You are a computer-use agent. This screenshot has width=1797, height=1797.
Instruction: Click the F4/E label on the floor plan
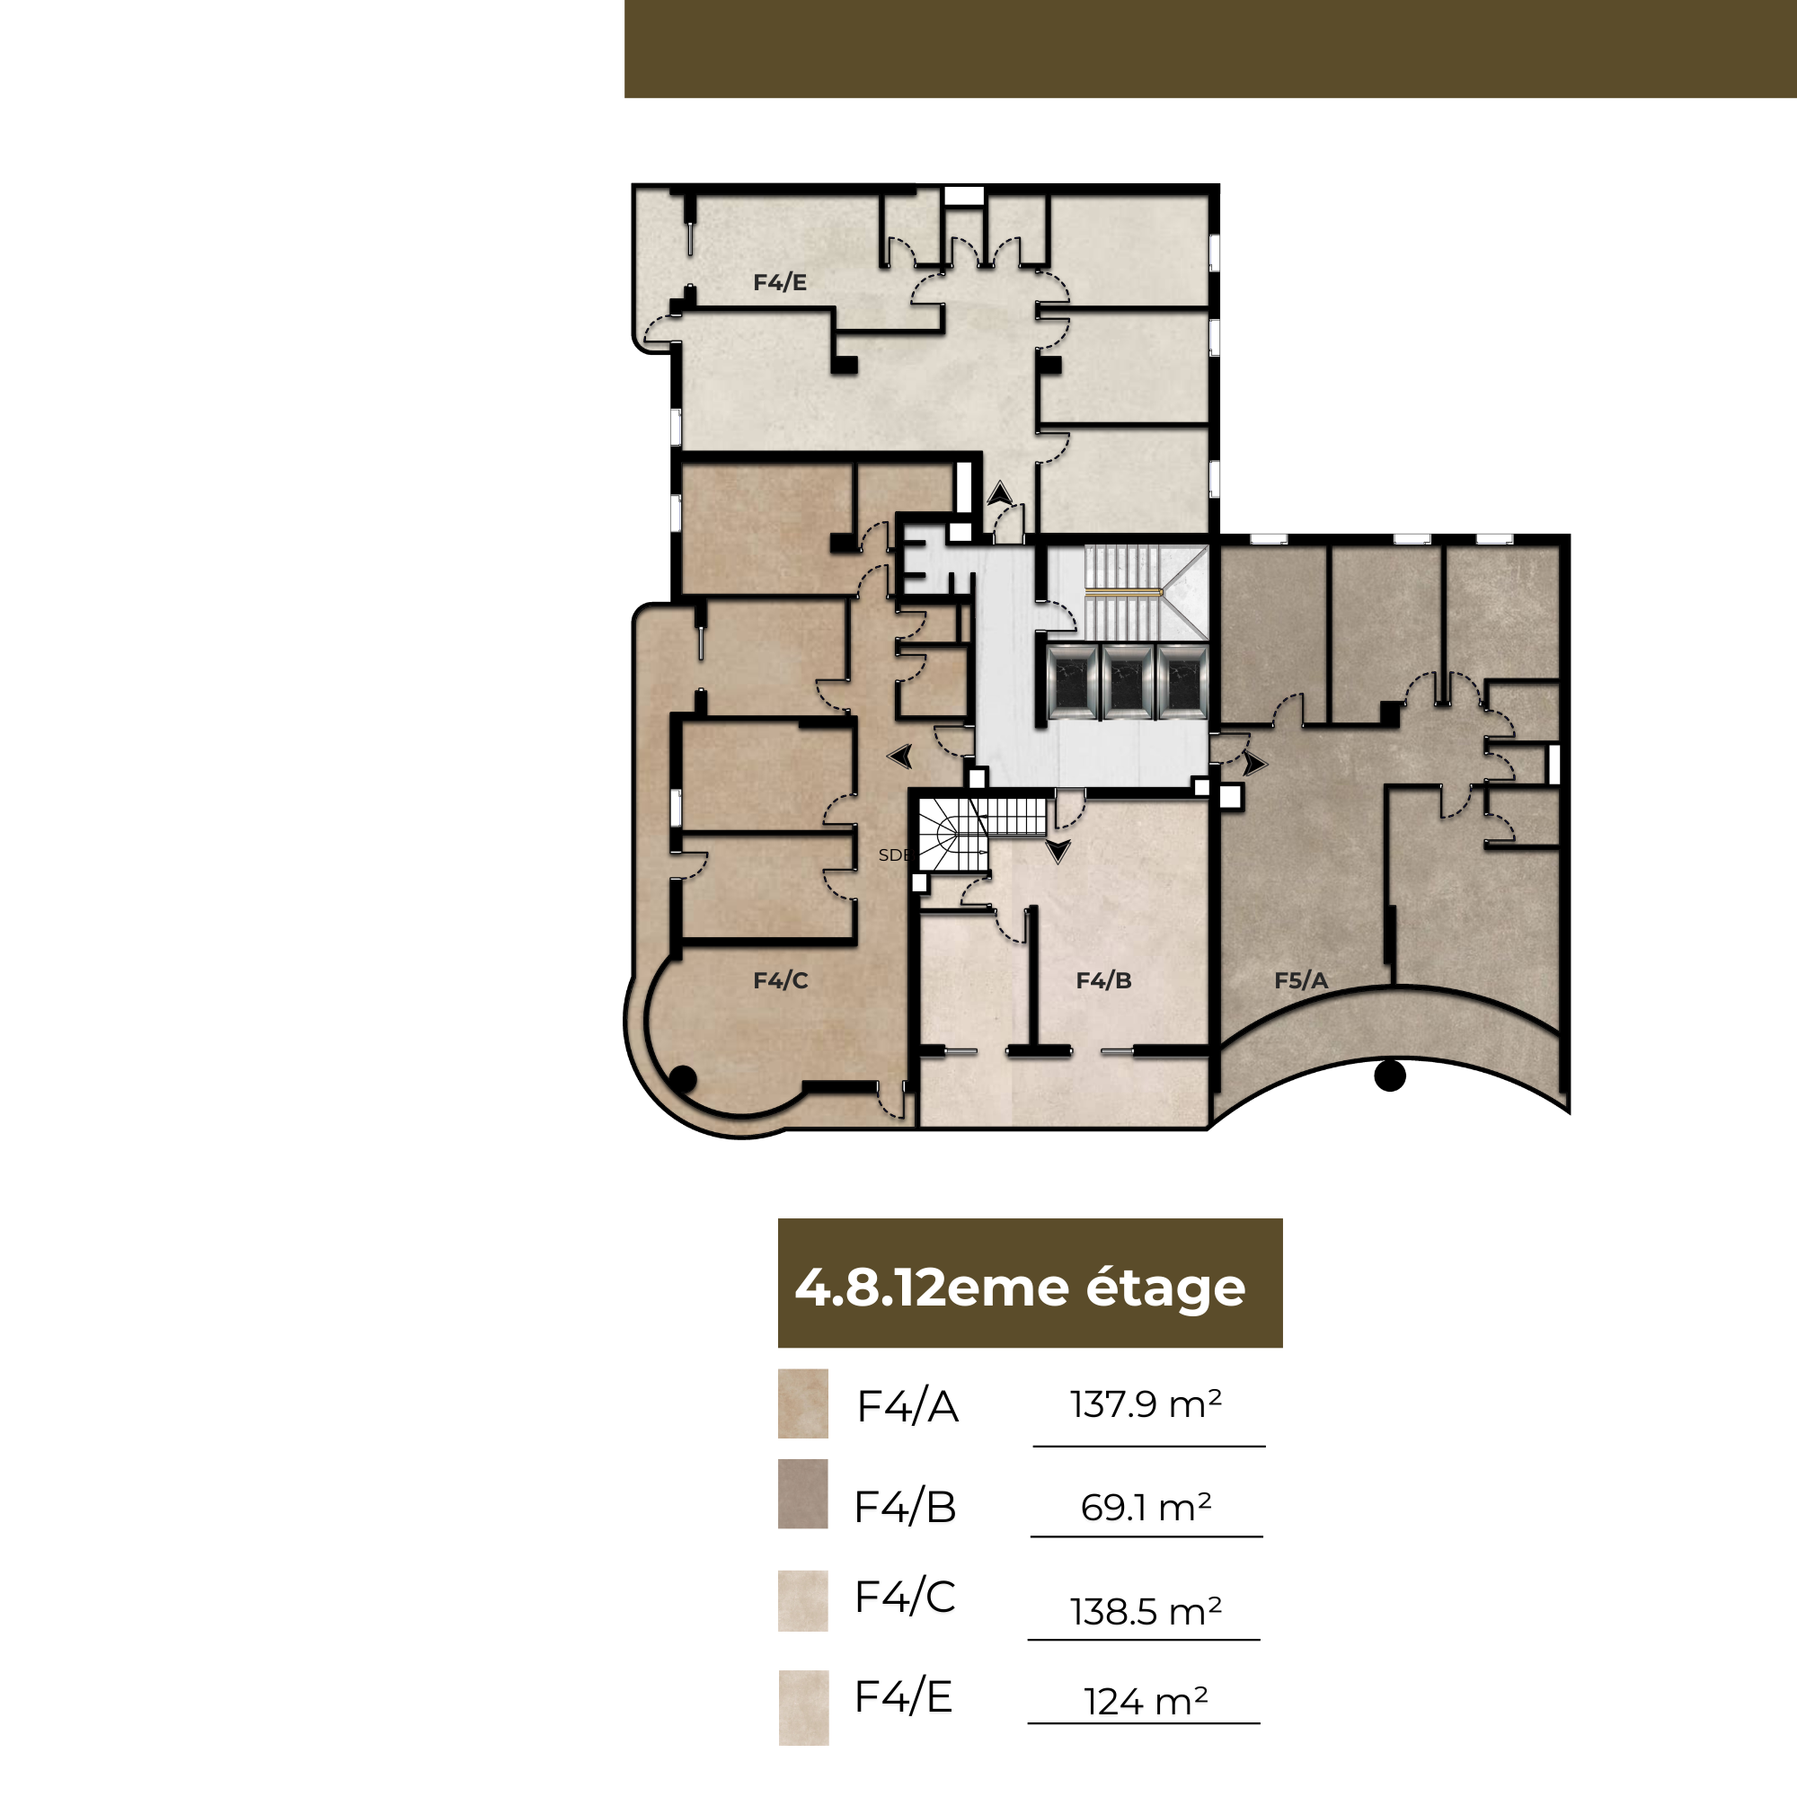[779, 282]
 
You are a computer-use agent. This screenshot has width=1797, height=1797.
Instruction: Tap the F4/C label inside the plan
[781, 980]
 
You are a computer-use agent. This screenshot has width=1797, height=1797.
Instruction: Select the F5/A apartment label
[1300, 980]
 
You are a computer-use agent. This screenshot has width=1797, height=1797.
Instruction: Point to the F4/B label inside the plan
[1103, 980]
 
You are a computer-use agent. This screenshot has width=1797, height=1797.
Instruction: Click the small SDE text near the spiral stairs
[893, 854]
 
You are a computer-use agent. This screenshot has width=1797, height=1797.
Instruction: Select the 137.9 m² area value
[1146, 1404]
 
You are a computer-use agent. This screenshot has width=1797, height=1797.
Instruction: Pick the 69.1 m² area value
[1146, 1508]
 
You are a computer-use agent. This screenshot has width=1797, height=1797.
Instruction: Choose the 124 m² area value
[1146, 1702]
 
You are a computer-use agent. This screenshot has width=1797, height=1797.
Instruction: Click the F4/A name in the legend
[907, 1406]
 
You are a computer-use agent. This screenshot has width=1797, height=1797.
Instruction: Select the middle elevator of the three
[1127, 681]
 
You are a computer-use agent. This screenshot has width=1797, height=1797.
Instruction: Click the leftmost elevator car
[1072, 681]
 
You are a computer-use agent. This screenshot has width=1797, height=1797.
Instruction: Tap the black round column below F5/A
[1390, 1076]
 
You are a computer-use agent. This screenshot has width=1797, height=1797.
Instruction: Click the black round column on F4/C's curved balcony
[683, 1079]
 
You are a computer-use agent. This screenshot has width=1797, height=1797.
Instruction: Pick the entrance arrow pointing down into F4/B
[1058, 851]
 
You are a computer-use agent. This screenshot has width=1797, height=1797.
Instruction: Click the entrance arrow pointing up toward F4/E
[1000, 494]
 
